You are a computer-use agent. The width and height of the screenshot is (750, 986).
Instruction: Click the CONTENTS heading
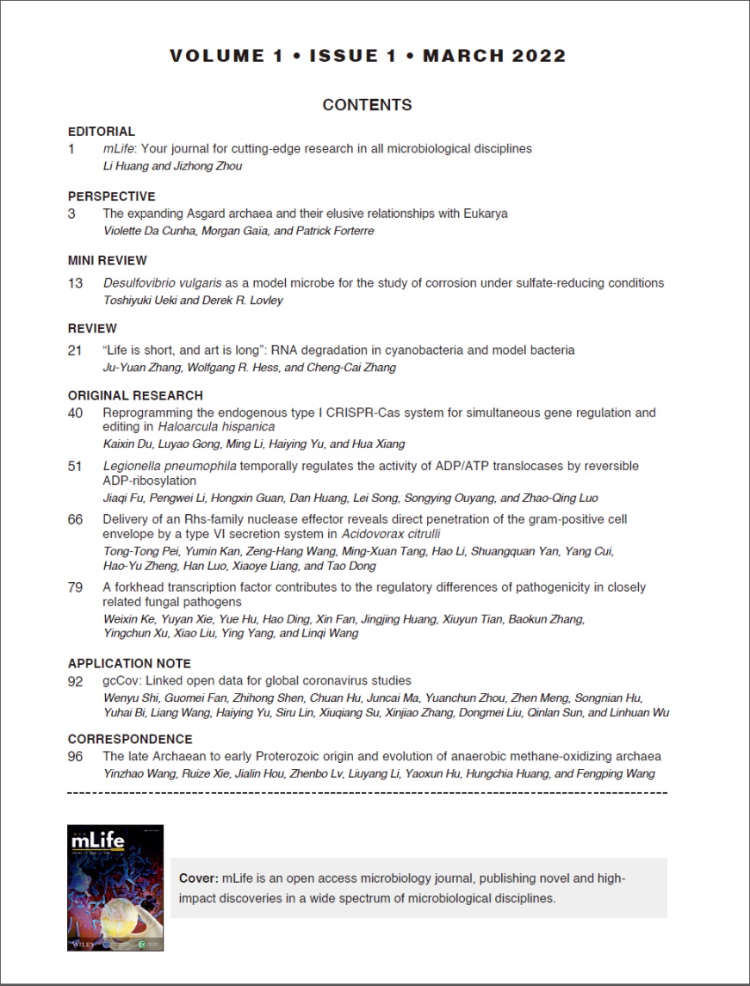click(367, 105)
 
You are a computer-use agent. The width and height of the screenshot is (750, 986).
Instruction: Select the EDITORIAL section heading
click(102, 132)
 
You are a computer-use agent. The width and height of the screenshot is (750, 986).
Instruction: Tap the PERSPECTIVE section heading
click(111, 196)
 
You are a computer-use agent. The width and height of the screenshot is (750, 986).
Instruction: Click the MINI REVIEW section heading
click(108, 260)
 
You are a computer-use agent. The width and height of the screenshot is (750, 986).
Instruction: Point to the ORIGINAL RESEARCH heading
click(135, 396)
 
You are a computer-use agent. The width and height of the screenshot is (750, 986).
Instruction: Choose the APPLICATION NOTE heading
click(129, 664)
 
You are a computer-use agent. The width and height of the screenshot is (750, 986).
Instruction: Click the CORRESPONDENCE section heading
click(130, 739)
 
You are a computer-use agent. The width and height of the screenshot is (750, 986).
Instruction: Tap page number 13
click(75, 282)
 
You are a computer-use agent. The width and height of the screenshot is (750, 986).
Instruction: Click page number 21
click(75, 350)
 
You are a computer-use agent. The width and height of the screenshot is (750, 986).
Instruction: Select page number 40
click(75, 412)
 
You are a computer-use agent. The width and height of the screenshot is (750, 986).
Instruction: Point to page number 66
click(75, 519)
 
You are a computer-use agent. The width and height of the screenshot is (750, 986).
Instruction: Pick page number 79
click(75, 587)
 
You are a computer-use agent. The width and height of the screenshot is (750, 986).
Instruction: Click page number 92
click(75, 680)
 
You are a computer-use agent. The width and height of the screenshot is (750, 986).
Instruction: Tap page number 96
click(75, 756)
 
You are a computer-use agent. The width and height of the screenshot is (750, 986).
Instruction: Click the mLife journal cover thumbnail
click(115, 888)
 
